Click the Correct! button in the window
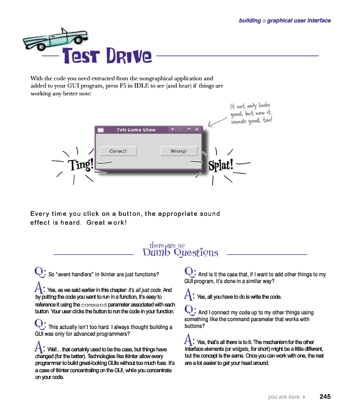[118, 151]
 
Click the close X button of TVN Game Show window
[197, 130]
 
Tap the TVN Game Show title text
[136, 130]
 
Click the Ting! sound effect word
[82, 165]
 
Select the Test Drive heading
[107, 56]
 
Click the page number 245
[325, 397]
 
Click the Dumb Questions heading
[180, 252]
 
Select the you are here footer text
[283, 397]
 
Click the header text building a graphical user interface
[284, 21]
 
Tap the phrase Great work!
[107, 222]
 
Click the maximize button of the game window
[189, 130]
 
